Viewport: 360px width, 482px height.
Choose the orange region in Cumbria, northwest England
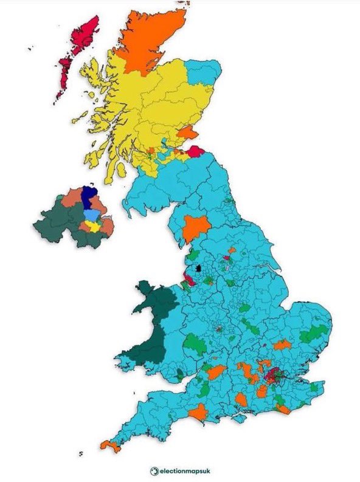pos(195,227)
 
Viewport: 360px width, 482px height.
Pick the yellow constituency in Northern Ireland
pos(93,226)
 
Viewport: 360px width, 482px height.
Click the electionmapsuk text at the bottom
pos(186,469)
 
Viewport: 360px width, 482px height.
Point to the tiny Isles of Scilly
pos(80,454)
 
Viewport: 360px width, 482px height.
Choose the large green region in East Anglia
pos(316,333)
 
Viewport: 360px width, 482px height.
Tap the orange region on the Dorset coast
pos(198,413)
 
